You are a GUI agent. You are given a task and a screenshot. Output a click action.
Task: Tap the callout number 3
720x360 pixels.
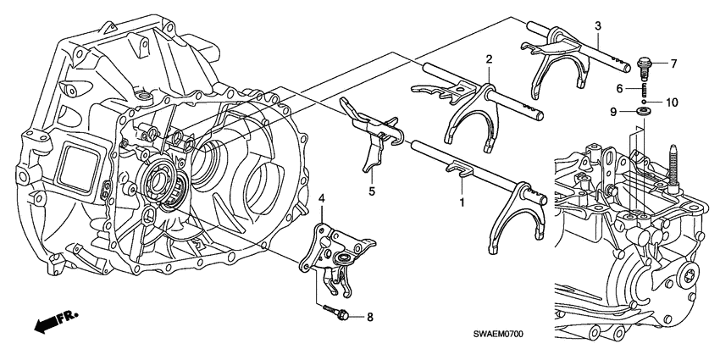[597, 27]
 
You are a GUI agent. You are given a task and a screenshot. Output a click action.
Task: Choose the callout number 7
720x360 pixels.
[674, 64]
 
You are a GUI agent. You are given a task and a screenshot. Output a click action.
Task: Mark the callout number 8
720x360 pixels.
[368, 317]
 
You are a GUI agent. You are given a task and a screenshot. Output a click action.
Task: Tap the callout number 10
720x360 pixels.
[672, 102]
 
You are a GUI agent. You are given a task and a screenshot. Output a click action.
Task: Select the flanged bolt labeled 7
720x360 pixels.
[644, 63]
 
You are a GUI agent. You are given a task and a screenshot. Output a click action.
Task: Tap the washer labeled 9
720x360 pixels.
[645, 111]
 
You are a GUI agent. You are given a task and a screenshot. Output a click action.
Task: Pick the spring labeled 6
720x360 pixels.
[644, 88]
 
